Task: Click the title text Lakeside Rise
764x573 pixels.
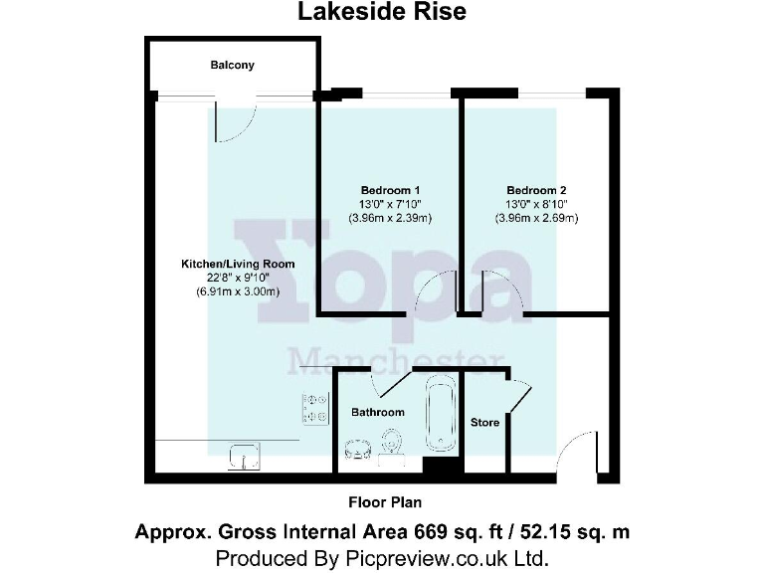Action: coord(382,13)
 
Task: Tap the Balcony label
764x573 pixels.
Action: coord(232,66)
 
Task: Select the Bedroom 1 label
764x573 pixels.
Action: coord(389,190)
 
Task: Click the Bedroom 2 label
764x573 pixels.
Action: coord(536,190)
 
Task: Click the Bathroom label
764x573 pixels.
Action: coord(378,412)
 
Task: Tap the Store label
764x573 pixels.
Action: coord(484,423)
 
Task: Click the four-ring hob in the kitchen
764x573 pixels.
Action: coord(316,408)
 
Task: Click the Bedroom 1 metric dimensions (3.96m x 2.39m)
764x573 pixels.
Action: coord(389,218)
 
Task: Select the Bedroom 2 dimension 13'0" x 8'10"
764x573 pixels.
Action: coord(536,204)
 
